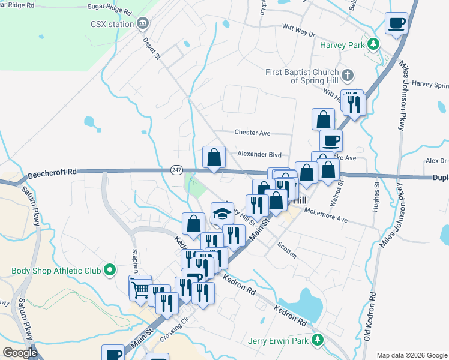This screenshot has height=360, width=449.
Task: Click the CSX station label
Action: click(x=112, y=24)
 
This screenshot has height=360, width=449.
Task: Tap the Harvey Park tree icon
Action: click(x=373, y=44)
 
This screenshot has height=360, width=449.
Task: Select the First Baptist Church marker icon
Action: click(x=348, y=76)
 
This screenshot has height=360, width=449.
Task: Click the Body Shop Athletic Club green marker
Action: click(x=109, y=271)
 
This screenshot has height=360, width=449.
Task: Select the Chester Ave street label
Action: click(x=252, y=133)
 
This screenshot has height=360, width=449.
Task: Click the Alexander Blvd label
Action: click(x=259, y=154)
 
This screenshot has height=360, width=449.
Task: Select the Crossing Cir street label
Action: click(x=175, y=336)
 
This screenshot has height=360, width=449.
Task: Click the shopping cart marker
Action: click(x=140, y=289)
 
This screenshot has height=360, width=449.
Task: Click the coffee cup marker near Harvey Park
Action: click(x=396, y=23)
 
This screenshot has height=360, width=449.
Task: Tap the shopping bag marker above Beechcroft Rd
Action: click(x=214, y=157)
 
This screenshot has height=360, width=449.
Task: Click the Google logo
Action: click(x=20, y=353)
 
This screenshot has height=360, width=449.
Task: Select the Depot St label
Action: click(x=152, y=48)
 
